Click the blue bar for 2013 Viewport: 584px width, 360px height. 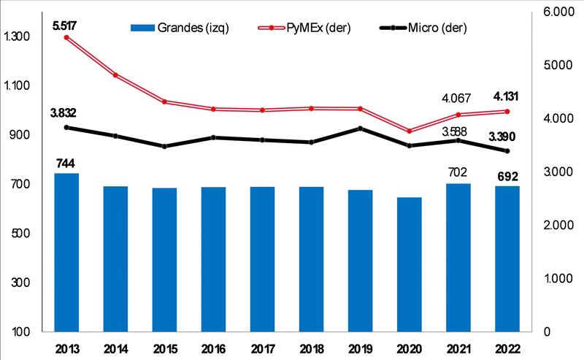coord(66,252)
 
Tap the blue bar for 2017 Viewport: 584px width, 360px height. coord(263,258)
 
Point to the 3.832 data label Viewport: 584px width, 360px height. coord(64,112)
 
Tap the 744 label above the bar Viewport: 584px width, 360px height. coord(66,163)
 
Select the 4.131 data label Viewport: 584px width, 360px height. coord(507,96)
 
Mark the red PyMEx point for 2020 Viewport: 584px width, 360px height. coord(410,131)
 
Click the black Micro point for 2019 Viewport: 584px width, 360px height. coord(361,129)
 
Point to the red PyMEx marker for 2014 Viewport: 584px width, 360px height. coord(115,74)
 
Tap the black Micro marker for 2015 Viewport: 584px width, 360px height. coord(164,146)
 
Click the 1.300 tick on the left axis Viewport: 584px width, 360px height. coord(17,37)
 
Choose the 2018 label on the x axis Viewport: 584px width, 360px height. coord(312,348)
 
